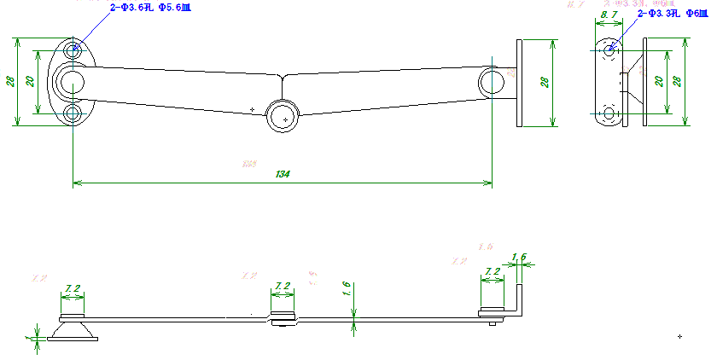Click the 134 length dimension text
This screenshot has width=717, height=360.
tap(283, 174)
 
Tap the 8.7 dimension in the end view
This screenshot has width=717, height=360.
tap(609, 16)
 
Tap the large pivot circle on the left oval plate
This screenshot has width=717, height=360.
tap(70, 82)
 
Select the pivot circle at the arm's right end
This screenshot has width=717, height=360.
tap(492, 82)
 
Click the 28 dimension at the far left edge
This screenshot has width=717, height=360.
tap(11, 82)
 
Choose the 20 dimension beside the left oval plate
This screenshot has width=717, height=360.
tap(30, 81)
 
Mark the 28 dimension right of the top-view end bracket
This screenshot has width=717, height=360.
tap(544, 82)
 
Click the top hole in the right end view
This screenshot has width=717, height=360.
tap(609, 50)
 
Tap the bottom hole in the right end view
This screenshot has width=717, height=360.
tap(609, 113)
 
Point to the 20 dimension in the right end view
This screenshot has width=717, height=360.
tap(658, 81)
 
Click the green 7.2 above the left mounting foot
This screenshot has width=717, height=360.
tap(73, 289)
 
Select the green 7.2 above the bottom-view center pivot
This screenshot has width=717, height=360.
tap(283, 286)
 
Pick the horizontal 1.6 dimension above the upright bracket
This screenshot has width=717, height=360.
tap(518, 257)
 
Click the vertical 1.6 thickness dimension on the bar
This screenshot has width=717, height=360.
tap(347, 288)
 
